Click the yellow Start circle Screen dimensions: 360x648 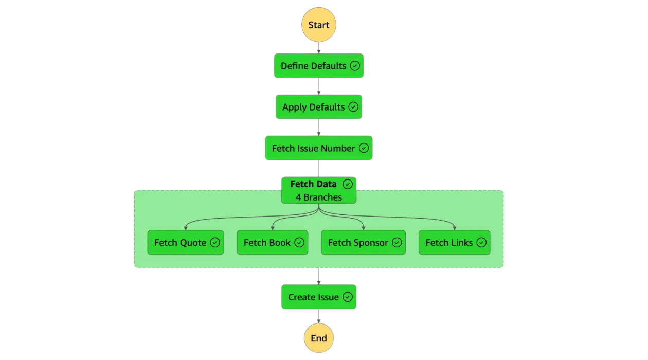click(319, 25)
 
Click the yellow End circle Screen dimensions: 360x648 click(319, 338)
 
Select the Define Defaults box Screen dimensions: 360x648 click(319, 66)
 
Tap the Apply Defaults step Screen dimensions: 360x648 click(319, 107)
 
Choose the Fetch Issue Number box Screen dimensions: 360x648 click(319, 148)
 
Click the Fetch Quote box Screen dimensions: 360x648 click(186, 242)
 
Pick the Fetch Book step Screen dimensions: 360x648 click(272, 242)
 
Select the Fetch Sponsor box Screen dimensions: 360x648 click(363, 242)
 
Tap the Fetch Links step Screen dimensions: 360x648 click(454, 242)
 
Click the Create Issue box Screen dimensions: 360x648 click(319, 297)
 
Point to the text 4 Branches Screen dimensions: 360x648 click(319, 197)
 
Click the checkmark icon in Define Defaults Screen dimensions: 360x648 click(355, 66)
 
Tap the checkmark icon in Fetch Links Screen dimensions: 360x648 click(481, 243)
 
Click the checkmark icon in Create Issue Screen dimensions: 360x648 click(348, 297)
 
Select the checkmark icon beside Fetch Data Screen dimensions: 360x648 click(348, 184)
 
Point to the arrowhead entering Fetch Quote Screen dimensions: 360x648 click(185, 228)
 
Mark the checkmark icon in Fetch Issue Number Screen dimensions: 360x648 click(364, 148)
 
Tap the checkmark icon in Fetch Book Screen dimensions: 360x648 click(299, 243)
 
